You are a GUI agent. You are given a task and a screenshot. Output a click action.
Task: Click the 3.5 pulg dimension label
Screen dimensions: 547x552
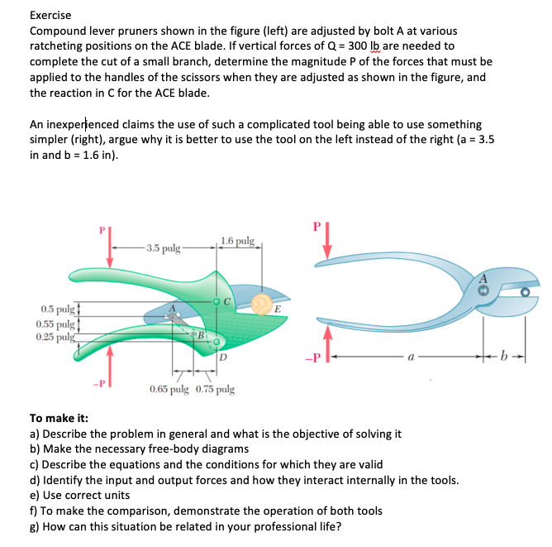(x=161, y=247)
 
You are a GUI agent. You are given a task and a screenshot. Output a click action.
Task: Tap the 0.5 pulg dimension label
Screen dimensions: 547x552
(x=52, y=309)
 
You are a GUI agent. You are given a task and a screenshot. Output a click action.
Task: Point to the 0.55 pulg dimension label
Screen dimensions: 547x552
(x=54, y=324)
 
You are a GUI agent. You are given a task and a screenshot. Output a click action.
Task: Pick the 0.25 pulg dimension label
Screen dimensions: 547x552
(x=54, y=337)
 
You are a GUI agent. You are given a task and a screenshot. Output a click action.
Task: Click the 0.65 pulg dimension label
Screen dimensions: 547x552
(x=169, y=388)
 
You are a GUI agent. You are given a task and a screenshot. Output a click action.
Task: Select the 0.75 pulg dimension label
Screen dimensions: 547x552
(x=214, y=388)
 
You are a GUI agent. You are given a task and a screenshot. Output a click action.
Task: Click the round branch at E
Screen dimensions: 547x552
(x=262, y=305)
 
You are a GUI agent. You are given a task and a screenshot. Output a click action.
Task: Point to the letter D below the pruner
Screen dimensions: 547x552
(x=223, y=357)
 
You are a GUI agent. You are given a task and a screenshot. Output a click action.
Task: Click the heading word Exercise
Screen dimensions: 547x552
(x=50, y=15)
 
